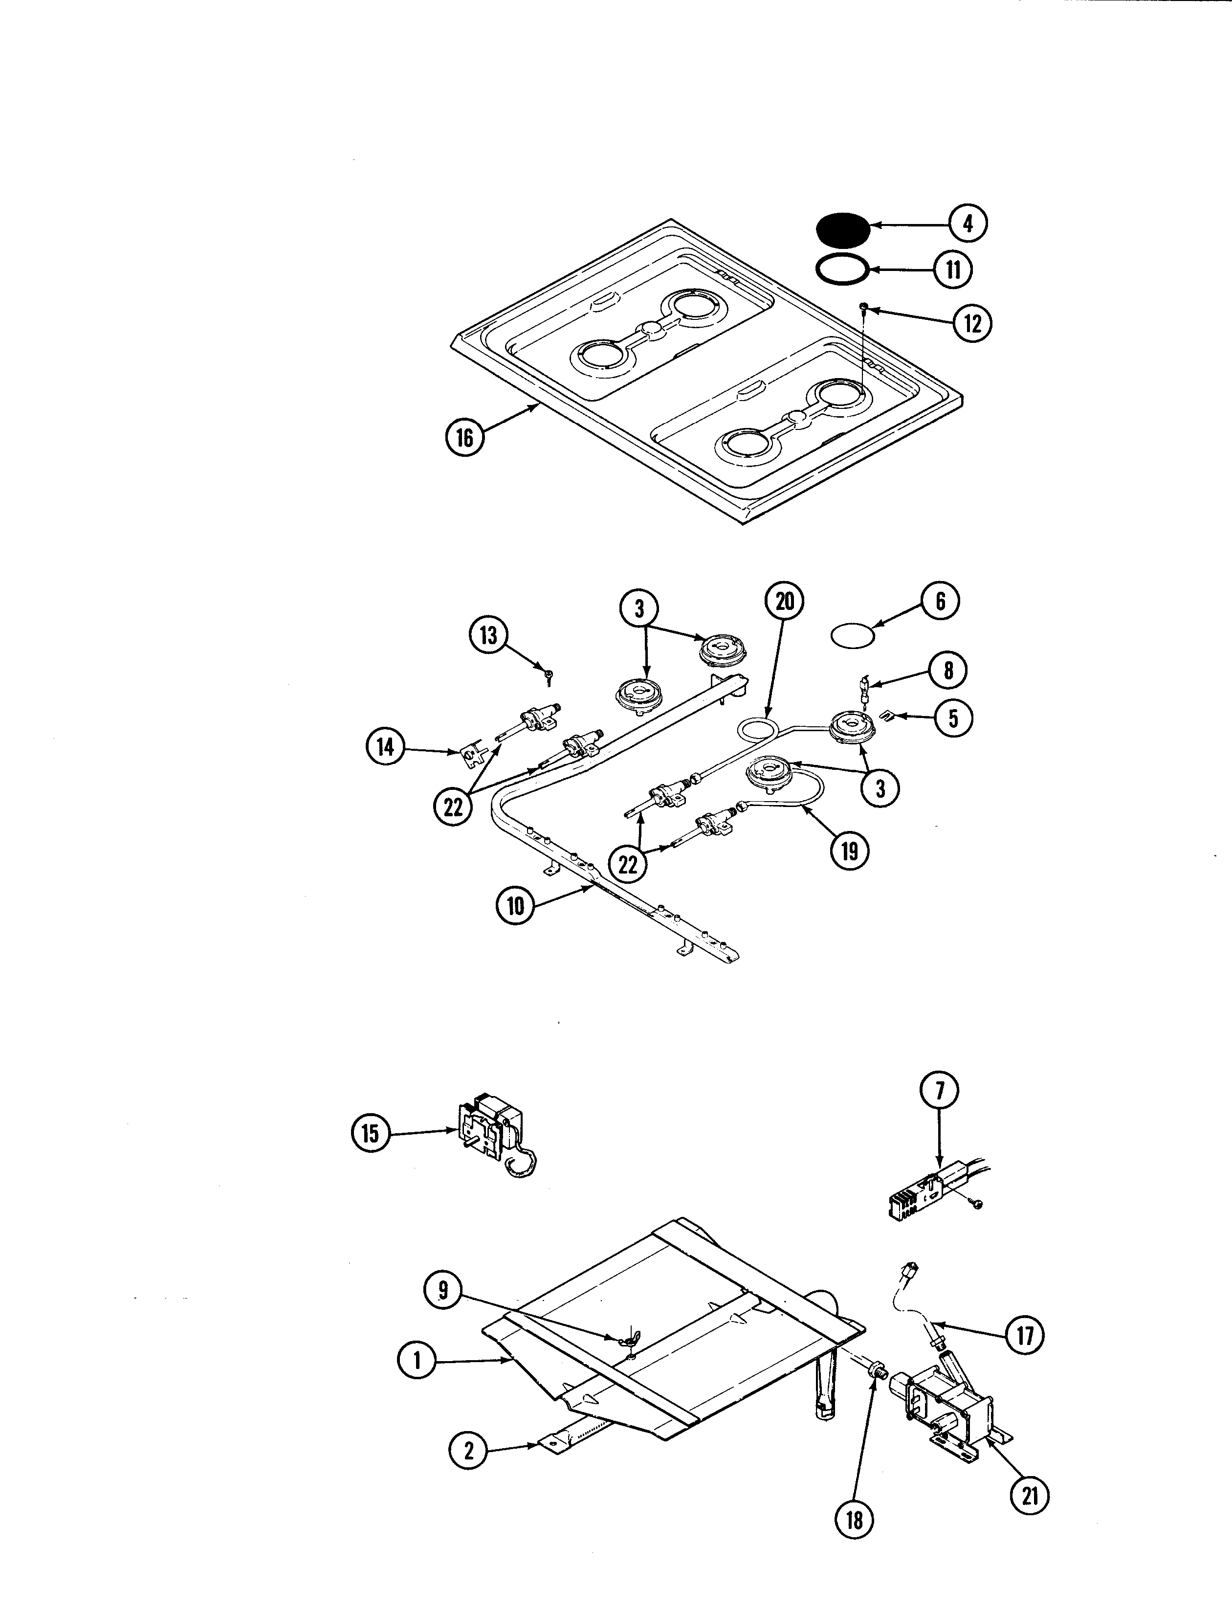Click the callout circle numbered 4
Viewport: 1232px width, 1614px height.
click(968, 223)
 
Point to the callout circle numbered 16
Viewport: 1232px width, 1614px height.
click(465, 438)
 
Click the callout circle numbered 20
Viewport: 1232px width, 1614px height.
click(785, 602)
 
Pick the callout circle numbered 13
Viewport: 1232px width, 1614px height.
click(488, 635)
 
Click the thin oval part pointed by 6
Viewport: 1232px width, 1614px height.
click(853, 635)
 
